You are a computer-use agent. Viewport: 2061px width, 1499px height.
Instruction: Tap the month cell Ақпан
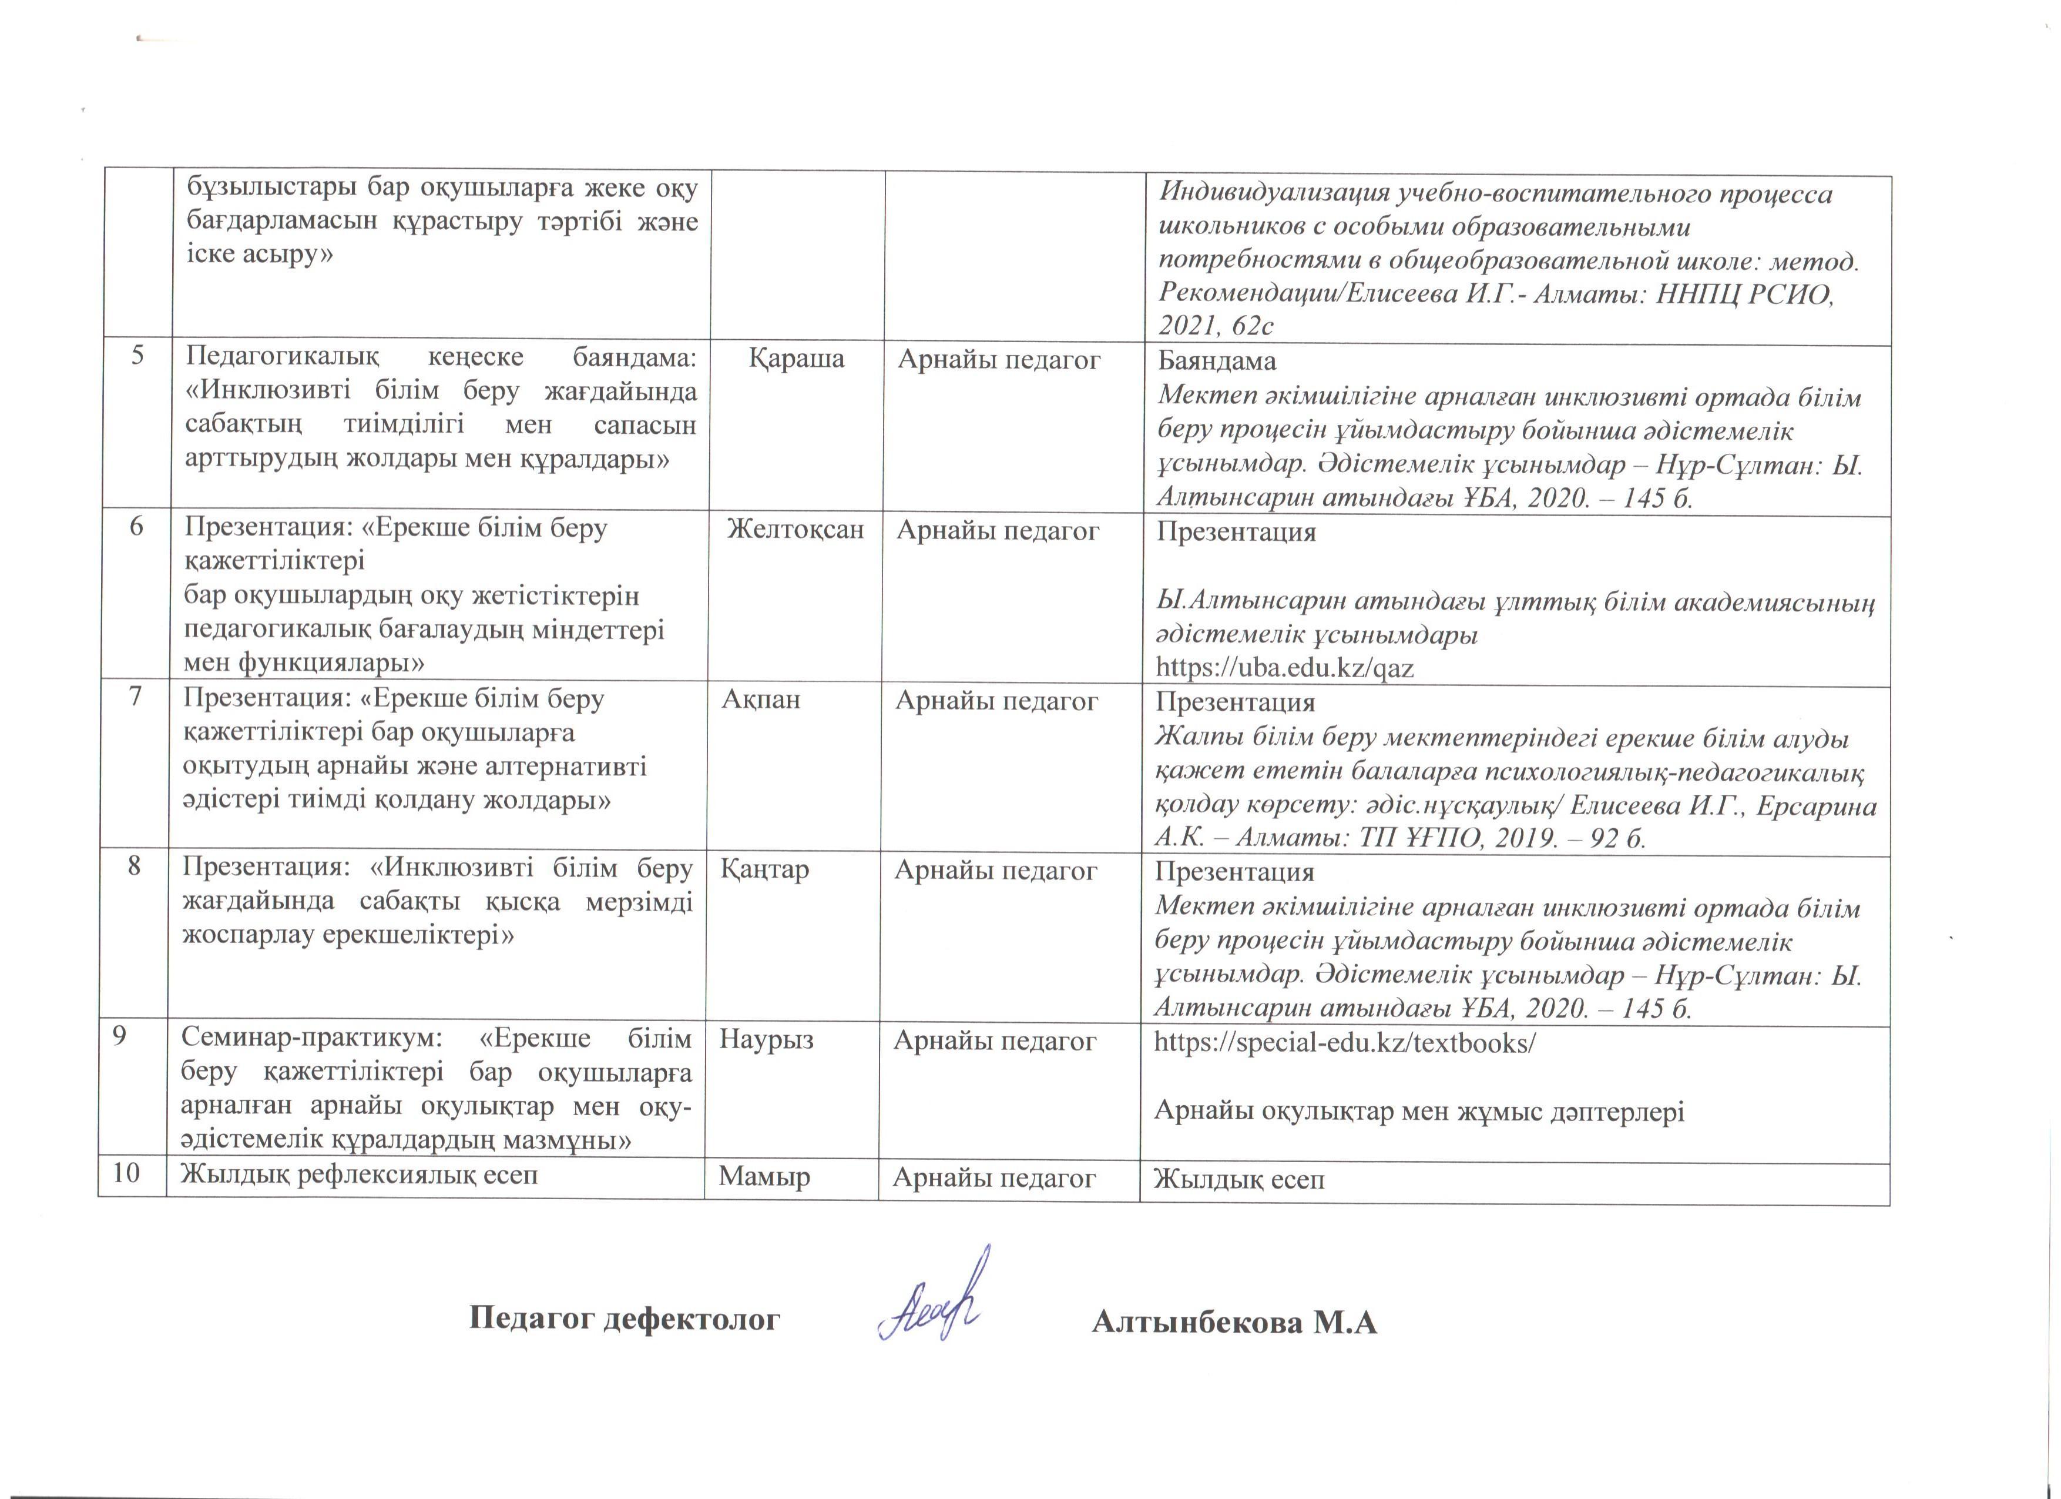(x=761, y=699)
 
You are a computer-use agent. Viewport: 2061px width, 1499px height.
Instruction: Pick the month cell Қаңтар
(x=764, y=869)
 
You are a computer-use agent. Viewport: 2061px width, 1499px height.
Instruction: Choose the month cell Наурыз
(x=766, y=1039)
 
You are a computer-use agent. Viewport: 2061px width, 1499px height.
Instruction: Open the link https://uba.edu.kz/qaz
(x=1284, y=668)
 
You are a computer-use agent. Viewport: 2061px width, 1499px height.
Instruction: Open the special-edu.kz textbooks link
(x=1344, y=1042)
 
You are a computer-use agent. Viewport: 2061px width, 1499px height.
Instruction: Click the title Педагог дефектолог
(x=625, y=1317)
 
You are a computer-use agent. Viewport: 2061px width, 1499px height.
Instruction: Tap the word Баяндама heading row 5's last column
(x=1216, y=361)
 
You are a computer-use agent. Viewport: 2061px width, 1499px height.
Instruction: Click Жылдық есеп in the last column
(x=1238, y=1180)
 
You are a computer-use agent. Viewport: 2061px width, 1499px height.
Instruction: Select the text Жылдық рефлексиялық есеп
(x=360, y=1175)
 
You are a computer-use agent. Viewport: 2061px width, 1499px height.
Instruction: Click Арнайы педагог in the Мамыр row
(x=994, y=1177)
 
